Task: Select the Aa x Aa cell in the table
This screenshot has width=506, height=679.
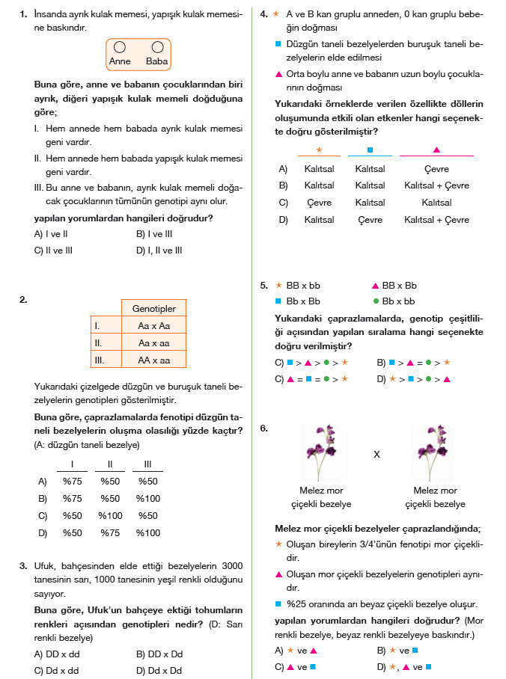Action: (153, 326)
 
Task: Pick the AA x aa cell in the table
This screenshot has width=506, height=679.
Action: (153, 360)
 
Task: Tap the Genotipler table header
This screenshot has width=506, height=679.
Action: (153, 308)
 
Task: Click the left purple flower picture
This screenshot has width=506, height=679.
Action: (324, 452)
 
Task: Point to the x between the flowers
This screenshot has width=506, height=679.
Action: (378, 453)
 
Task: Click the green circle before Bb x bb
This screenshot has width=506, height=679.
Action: (376, 301)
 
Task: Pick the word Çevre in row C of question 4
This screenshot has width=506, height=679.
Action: (319, 203)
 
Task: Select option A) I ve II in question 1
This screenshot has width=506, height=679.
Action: (52, 233)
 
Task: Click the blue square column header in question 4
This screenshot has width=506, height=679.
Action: (370, 150)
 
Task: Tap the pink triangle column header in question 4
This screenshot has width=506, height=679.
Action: (436, 150)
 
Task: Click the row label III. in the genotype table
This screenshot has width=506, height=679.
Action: (98, 360)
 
